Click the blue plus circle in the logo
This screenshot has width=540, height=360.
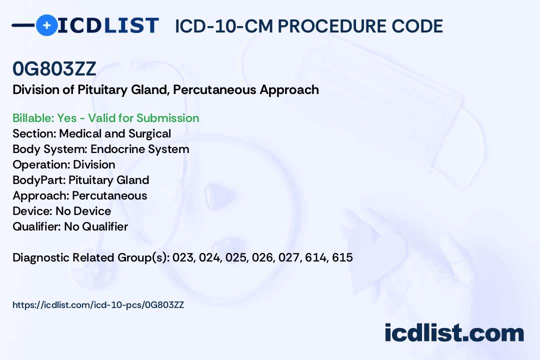pos(46,25)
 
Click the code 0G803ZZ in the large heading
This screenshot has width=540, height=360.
pos(54,69)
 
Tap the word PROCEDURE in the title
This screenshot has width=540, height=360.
pos(332,26)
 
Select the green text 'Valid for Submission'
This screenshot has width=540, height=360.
pos(143,118)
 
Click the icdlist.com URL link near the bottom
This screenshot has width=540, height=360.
pos(98,305)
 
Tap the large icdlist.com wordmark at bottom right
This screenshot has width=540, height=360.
pos(454,333)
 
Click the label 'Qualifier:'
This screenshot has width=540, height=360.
pos(37,226)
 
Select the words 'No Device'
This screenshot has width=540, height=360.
pos(83,211)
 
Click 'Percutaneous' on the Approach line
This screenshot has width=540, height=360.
pos(109,195)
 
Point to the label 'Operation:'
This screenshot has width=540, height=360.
pos(41,164)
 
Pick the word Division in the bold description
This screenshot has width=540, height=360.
pos(36,90)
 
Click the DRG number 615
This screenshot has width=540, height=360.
pos(342,257)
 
